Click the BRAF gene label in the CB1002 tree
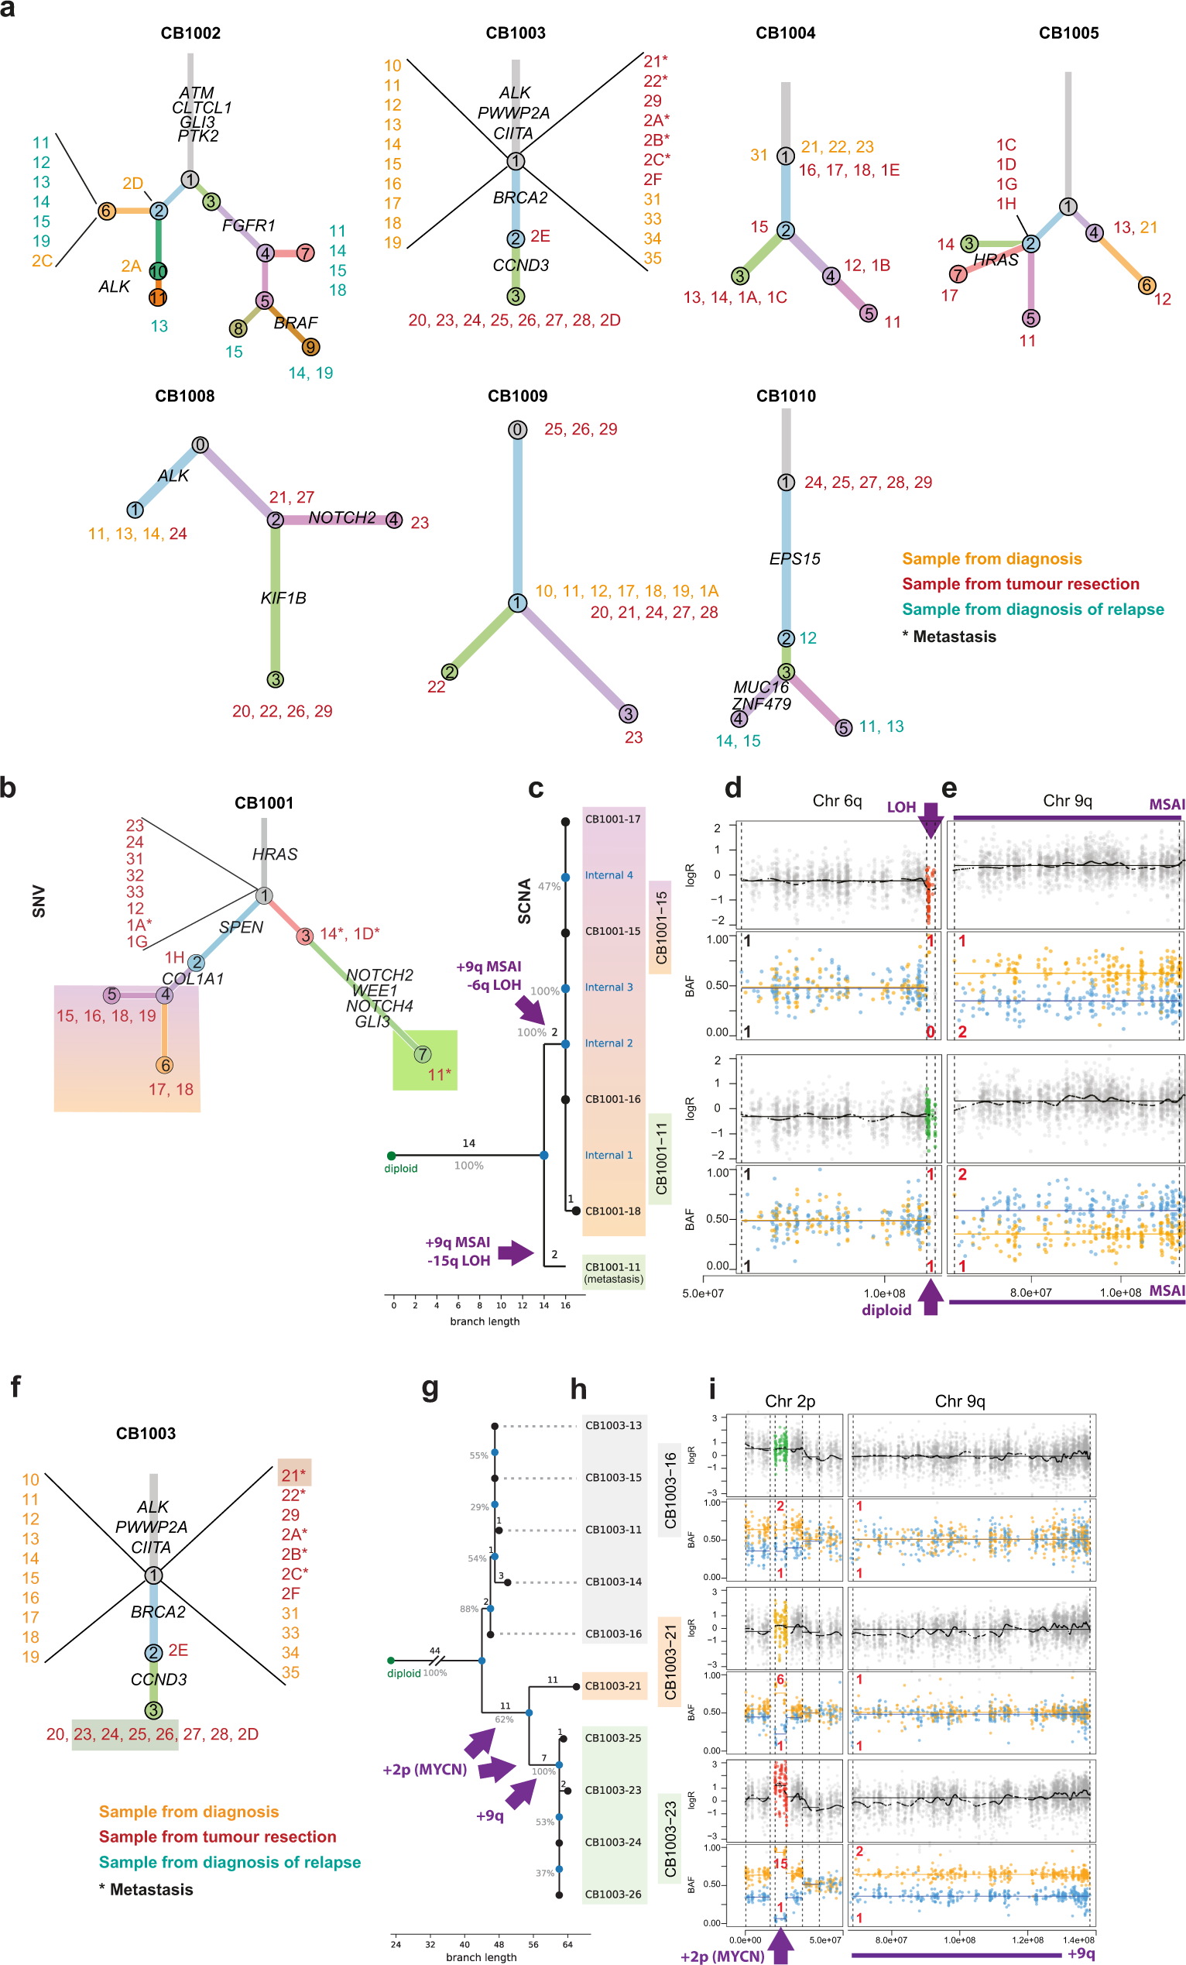click(x=296, y=323)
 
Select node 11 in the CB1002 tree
click(x=158, y=297)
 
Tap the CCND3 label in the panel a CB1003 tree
click(x=520, y=266)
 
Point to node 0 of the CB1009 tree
click(x=517, y=430)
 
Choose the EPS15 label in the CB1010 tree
click(x=794, y=559)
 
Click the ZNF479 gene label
click(x=761, y=704)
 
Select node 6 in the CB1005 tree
click(x=1147, y=286)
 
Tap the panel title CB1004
click(x=785, y=33)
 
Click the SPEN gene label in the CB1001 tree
click(x=241, y=926)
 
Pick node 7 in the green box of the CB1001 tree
click(x=423, y=1054)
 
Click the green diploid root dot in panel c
click(x=390, y=1156)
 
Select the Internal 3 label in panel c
click(x=608, y=988)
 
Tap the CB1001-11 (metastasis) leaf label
click(x=613, y=1273)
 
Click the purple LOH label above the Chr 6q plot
click(x=900, y=807)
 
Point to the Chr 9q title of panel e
click(x=1067, y=801)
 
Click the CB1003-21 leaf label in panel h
click(x=613, y=1686)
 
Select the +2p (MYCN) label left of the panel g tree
click(x=425, y=1770)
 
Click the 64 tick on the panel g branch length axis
click(x=567, y=1944)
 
